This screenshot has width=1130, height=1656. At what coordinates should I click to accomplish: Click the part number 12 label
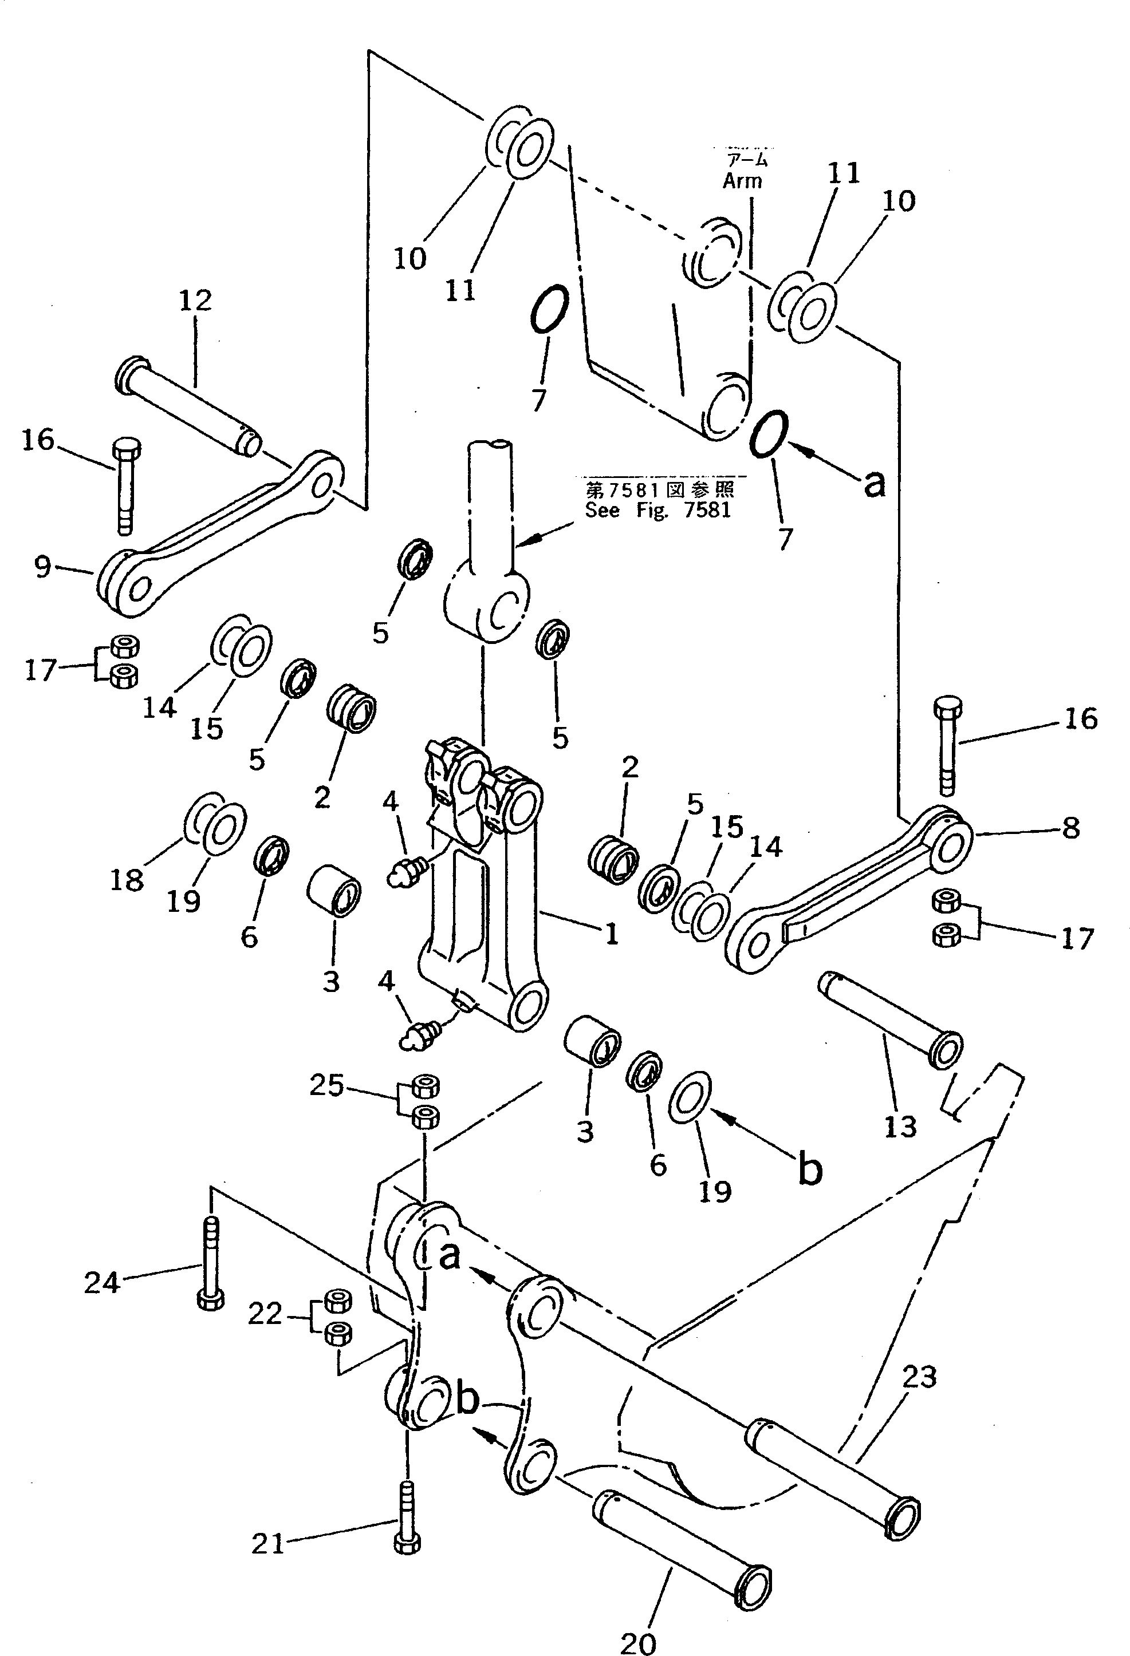(195, 300)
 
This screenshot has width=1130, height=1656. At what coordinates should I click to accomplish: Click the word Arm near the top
(742, 181)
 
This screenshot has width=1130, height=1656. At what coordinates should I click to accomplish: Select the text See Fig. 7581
(657, 510)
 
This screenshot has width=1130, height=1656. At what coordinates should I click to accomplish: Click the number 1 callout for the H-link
(611, 934)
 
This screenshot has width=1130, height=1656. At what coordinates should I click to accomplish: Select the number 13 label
(899, 1127)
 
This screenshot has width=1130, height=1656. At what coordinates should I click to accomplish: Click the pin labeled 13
(891, 1021)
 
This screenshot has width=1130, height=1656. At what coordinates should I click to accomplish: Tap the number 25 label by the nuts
(326, 1085)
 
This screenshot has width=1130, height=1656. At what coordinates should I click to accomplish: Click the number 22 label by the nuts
(265, 1313)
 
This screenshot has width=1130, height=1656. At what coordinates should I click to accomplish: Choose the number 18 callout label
(127, 881)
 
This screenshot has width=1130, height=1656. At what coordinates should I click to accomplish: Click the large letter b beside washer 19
(809, 1169)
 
